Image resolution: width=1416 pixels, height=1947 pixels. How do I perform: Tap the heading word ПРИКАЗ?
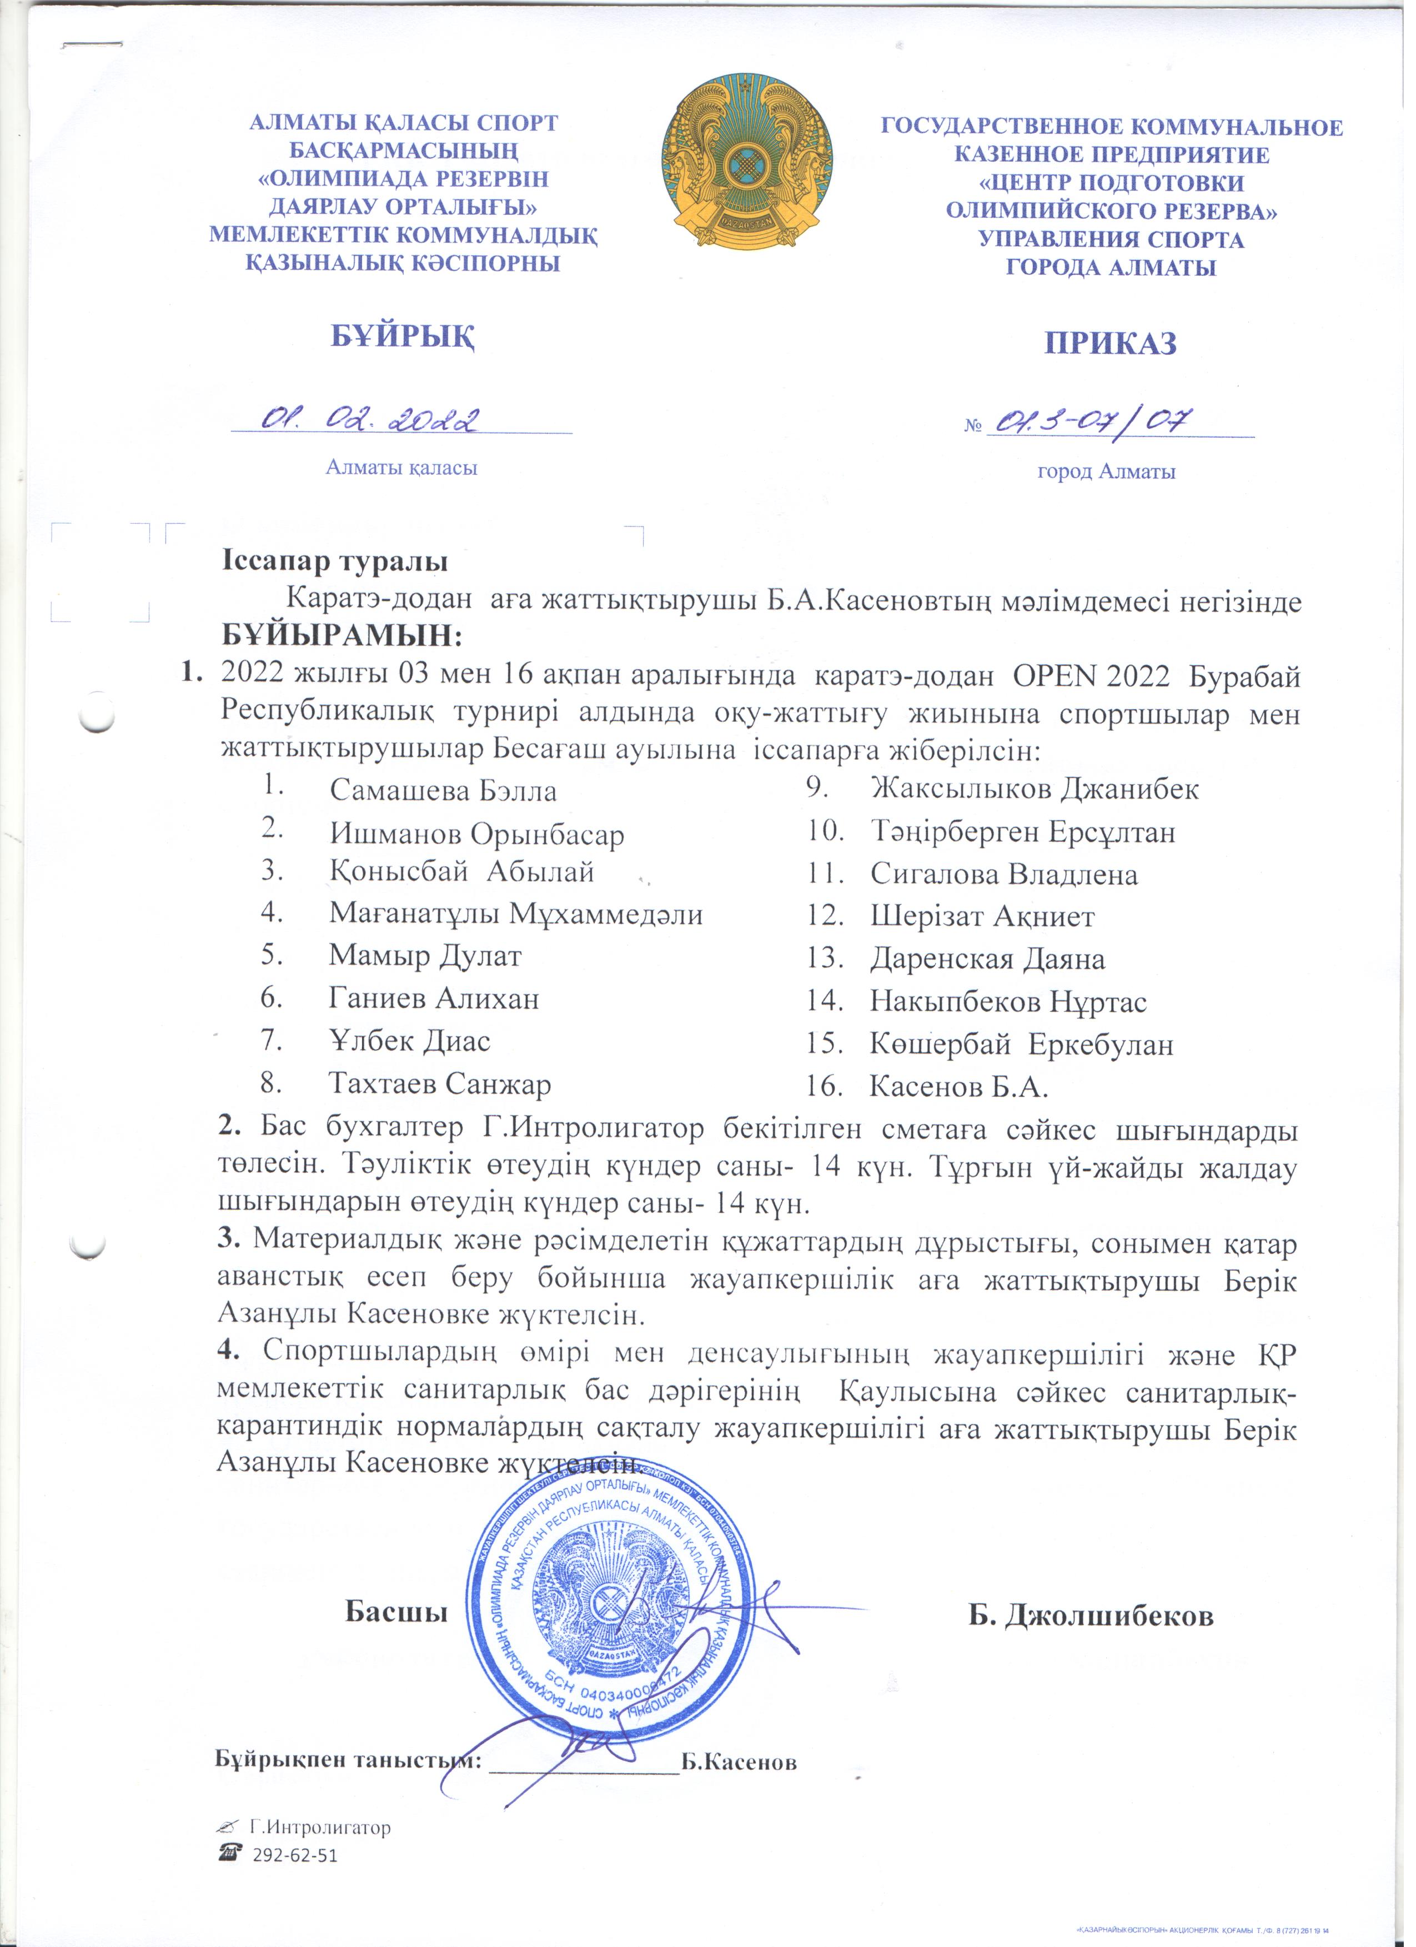tap(1109, 343)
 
